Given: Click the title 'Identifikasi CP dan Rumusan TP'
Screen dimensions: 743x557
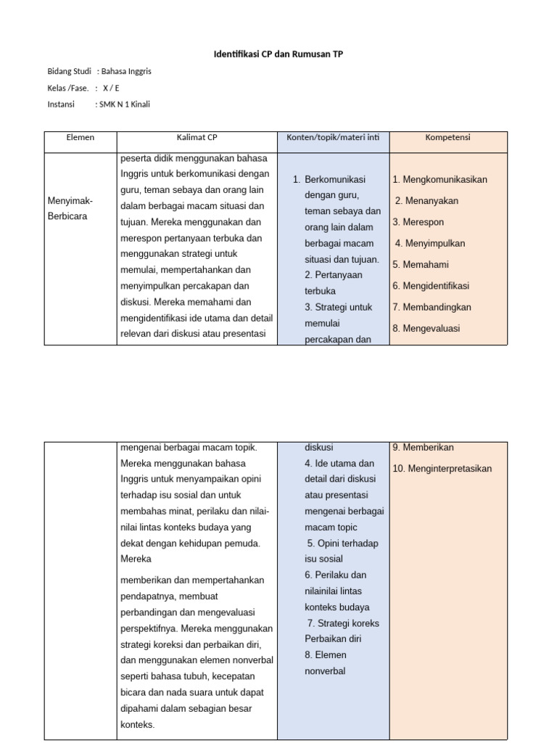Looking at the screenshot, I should click(x=278, y=54).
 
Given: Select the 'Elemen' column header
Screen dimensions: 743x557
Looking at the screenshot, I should click(x=80, y=136).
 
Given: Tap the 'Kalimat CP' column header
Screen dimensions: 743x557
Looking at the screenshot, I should click(x=197, y=136).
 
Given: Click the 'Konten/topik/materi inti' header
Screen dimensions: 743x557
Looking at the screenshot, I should click(x=333, y=136).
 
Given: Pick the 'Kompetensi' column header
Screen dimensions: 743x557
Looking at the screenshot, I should click(x=447, y=136).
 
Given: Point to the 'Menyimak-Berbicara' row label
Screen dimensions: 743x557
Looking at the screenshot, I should click(x=70, y=208).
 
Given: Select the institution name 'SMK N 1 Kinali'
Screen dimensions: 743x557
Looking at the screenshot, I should click(x=125, y=104).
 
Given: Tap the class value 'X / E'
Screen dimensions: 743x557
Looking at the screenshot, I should click(x=111, y=88).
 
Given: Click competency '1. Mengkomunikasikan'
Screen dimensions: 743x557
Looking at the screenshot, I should click(x=440, y=179).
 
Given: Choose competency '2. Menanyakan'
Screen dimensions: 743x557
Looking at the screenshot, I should click(x=426, y=201).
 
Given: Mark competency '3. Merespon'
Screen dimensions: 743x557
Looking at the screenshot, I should click(x=418, y=222).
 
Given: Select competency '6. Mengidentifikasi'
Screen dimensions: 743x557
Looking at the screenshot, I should click(x=431, y=286).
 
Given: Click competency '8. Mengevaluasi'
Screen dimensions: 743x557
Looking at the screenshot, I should click(x=426, y=328).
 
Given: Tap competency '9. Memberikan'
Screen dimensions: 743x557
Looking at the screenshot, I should click(x=423, y=447).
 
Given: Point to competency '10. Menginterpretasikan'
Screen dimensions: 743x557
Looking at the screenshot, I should click(x=442, y=469).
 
